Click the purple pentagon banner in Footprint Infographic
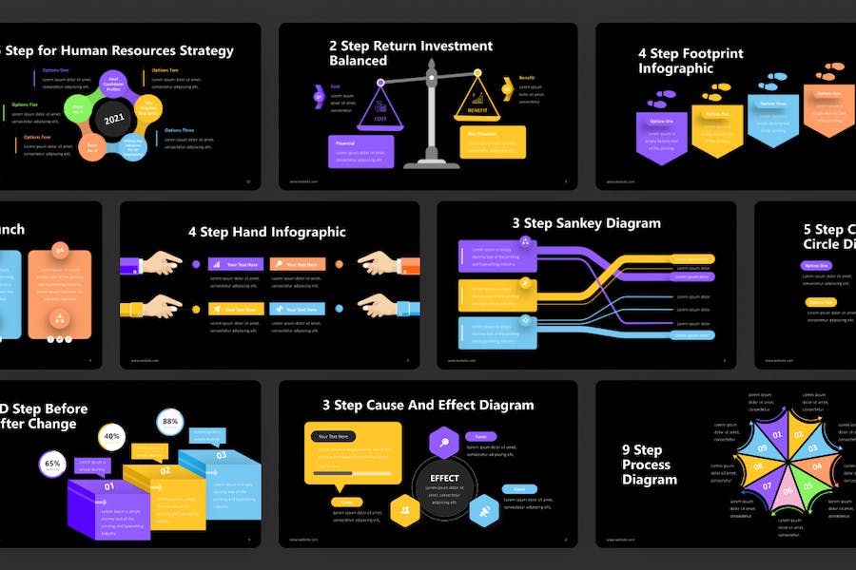point(661,136)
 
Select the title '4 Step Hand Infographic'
point(266,232)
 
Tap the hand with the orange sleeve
point(385,264)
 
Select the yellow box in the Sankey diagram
point(489,295)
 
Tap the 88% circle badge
point(170,421)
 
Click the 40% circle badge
point(111,437)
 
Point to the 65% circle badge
point(52,465)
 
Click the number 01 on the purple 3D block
point(108,486)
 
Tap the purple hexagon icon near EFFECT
point(444,443)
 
